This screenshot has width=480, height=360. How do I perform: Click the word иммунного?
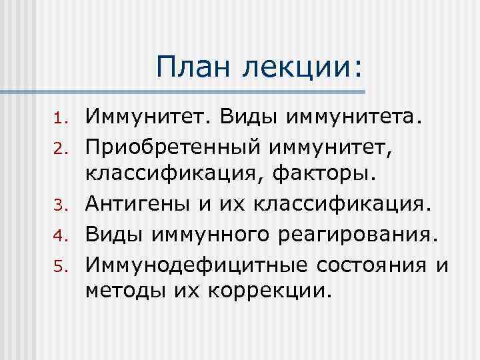pos(211,235)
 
